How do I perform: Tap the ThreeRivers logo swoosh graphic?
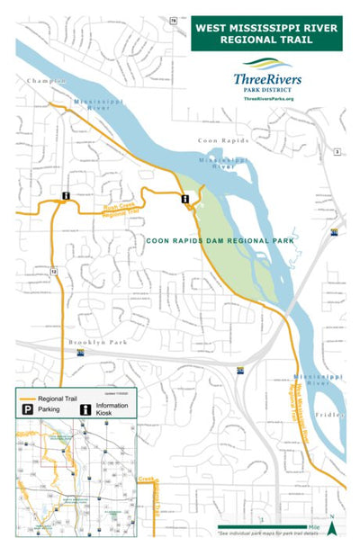point(267,64)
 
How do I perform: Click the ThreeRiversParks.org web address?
point(268,99)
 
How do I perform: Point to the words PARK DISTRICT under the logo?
point(267,89)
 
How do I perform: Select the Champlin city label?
point(48,81)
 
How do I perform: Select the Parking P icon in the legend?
point(27,409)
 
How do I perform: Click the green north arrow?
point(331,528)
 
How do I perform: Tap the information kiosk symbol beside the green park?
point(184,199)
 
